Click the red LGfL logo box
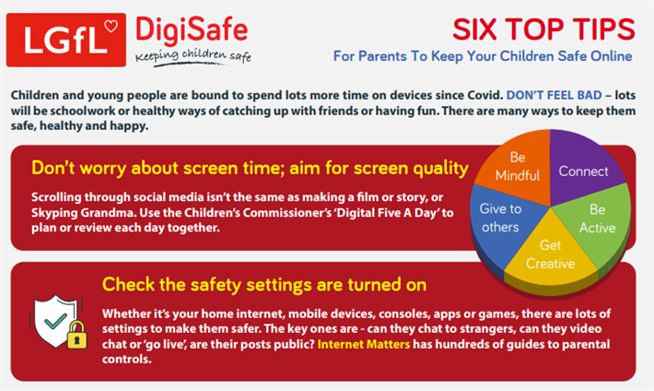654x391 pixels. point(66,40)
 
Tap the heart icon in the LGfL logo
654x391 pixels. point(111,26)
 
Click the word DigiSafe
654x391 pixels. point(192,30)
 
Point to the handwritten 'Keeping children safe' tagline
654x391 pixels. point(193,56)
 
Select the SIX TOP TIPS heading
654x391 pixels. point(543,30)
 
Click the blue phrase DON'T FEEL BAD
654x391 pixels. point(554,95)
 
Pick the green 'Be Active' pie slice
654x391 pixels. point(597,219)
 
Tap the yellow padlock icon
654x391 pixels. point(76,335)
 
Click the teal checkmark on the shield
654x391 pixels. point(55,321)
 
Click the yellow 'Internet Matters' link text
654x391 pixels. point(364,344)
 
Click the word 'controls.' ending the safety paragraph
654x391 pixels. point(127,360)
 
